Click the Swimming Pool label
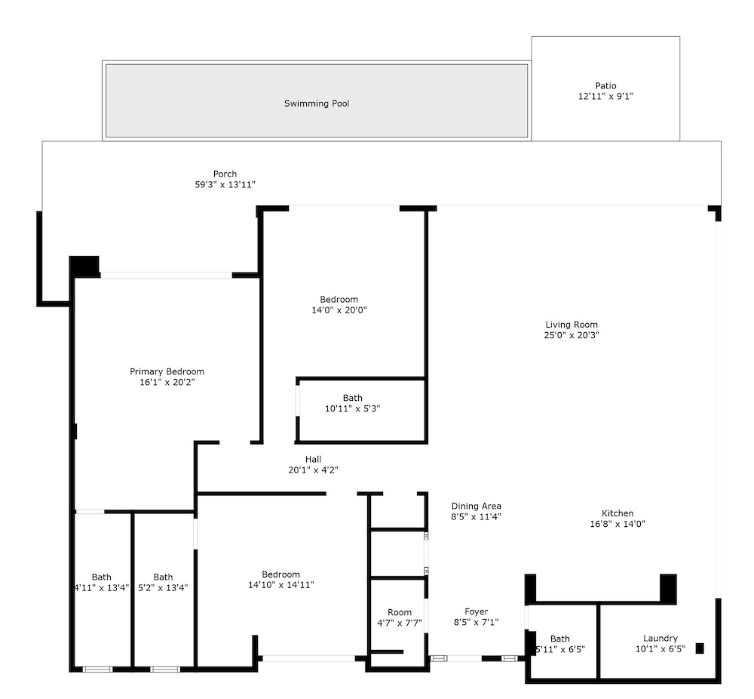click(317, 103)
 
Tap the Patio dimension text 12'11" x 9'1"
click(605, 97)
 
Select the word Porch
click(225, 174)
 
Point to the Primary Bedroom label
click(167, 371)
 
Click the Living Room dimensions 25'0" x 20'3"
click(572, 335)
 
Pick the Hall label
click(313, 459)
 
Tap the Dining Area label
click(476, 506)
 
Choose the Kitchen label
click(618, 513)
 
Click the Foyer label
click(476, 611)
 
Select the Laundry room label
click(661, 639)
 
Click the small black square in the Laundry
click(700, 648)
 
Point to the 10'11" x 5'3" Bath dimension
click(352, 408)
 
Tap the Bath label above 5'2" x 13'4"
click(163, 577)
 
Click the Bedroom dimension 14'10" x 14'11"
click(280, 585)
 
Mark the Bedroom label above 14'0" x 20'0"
click(339, 300)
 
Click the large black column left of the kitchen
click(530, 589)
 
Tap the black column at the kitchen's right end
click(668, 588)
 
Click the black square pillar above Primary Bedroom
click(84, 266)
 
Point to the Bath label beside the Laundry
click(559, 639)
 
